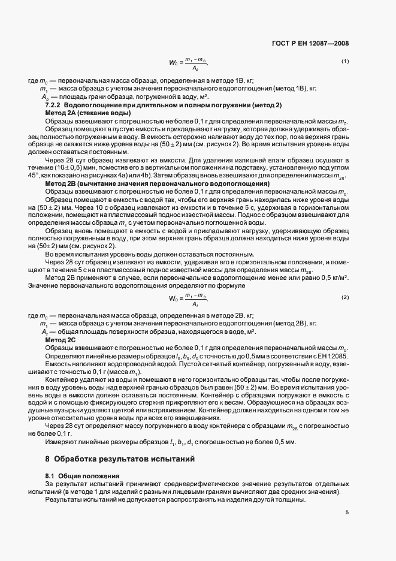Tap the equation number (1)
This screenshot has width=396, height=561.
[345, 61]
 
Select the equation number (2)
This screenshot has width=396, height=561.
[345, 297]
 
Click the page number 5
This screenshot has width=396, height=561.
[347, 512]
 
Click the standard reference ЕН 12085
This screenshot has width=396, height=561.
[333, 356]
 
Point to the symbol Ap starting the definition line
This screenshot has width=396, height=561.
[44, 96]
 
